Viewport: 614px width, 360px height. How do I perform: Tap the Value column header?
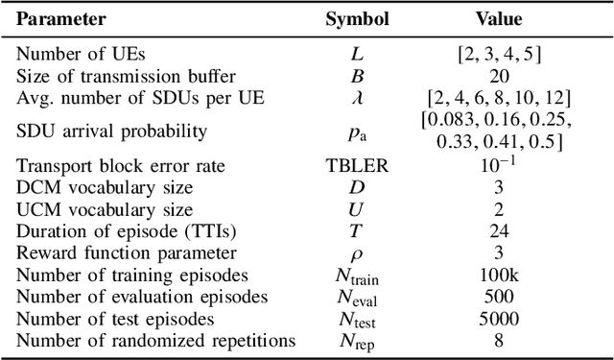click(x=498, y=18)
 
